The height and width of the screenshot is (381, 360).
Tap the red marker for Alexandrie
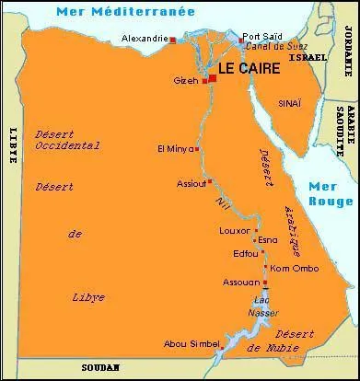point(172,40)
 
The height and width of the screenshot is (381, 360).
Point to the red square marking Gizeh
point(204,81)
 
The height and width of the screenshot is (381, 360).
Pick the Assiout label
point(191,183)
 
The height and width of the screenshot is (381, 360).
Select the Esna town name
point(268,240)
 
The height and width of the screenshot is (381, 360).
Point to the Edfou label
point(246,253)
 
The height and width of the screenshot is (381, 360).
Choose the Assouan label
point(241,282)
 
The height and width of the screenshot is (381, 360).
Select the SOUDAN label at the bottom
point(100,366)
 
